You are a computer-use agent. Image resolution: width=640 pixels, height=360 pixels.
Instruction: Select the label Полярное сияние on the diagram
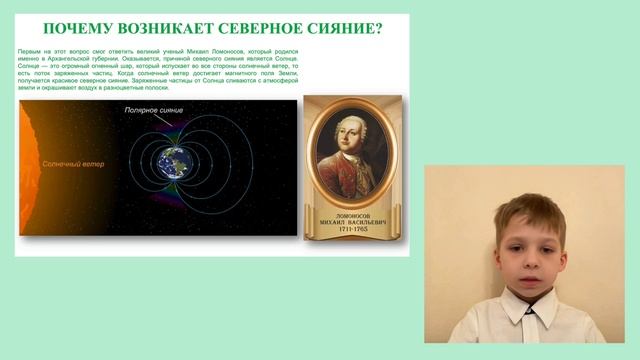(154, 109)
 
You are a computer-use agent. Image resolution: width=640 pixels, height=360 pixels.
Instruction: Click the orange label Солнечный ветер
(72, 160)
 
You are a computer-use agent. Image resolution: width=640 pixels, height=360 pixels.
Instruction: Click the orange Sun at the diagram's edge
(25, 170)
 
